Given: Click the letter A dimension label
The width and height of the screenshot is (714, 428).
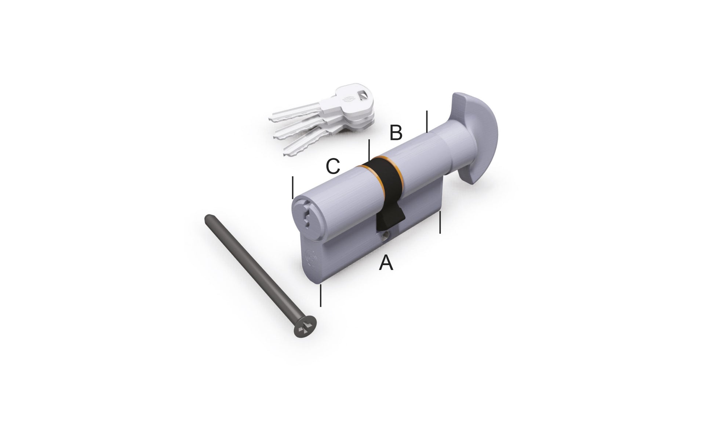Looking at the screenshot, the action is click(386, 263).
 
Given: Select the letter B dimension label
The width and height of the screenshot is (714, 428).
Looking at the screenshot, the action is click(396, 133).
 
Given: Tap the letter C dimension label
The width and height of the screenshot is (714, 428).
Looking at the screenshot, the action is click(333, 166).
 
